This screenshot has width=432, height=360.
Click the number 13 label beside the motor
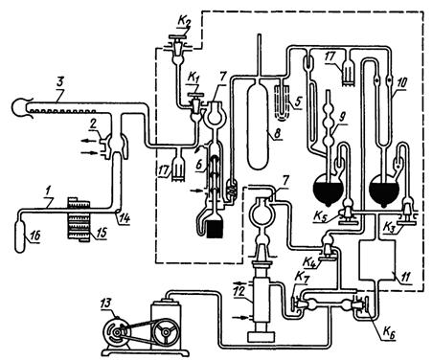point(106,304)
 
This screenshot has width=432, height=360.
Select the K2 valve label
point(182,24)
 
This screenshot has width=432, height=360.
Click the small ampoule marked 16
point(20,236)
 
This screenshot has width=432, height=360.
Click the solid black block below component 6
point(215,229)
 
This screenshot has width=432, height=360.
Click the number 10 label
point(402,83)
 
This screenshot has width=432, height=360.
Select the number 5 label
point(298,102)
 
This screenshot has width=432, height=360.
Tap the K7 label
point(302,278)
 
